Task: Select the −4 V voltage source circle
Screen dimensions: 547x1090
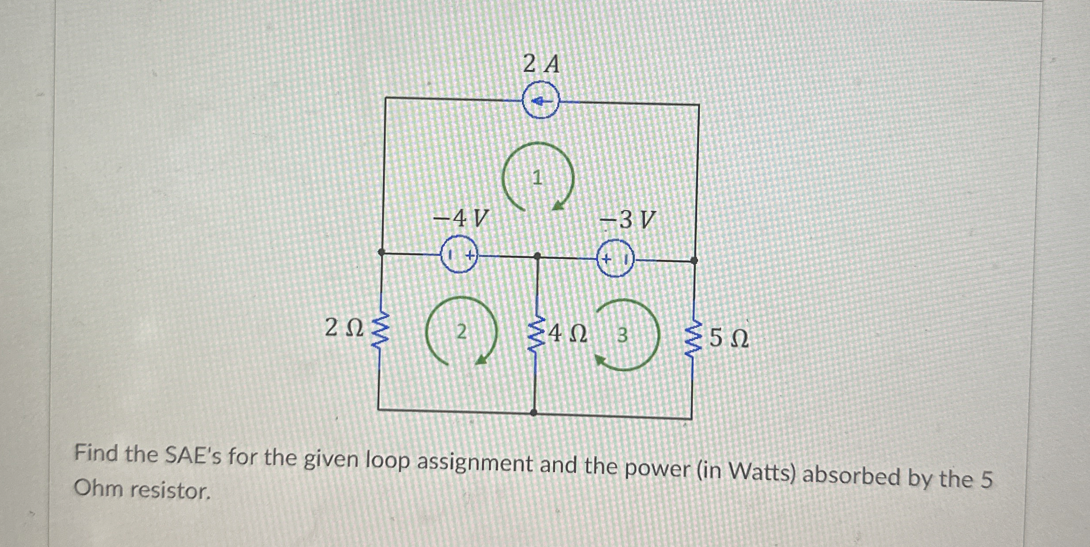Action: pyautogui.click(x=460, y=255)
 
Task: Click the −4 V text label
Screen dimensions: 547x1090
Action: pyautogui.click(x=461, y=218)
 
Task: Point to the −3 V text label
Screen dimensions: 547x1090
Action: pyautogui.click(x=627, y=220)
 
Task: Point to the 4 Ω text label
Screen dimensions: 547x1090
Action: pyautogui.click(x=568, y=334)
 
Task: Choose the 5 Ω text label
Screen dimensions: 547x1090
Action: pyautogui.click(x=729, y=339)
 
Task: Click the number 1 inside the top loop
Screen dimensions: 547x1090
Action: pyautogui.click(x=537, y=178)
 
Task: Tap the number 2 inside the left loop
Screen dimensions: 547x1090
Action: pyautogui.click(x=461, y=331)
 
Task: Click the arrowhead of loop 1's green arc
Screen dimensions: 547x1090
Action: pyautogui.click(x=559, y=206)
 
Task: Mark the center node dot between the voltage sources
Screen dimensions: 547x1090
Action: pyautogui.click(x=537, y=256)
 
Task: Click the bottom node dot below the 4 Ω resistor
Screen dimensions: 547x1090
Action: pyautogui.click(x=534, y=412)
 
